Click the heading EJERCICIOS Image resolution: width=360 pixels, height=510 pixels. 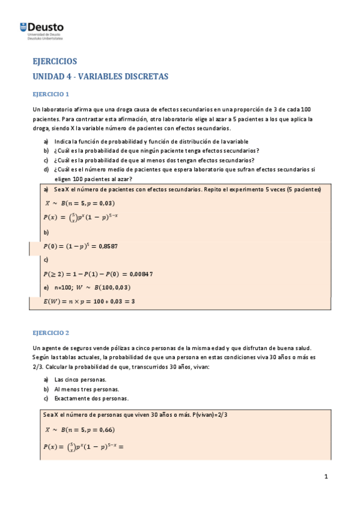tap(55, 61)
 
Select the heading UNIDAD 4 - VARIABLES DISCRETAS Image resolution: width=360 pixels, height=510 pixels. tap(100, 76)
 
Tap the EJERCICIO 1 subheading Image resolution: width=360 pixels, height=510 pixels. tap(51, 94)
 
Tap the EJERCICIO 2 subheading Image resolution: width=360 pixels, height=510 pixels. tap(51, 332)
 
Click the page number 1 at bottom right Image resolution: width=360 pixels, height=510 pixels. tap(326, 477)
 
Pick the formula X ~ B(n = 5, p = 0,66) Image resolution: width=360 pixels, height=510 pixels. tap(79, 429)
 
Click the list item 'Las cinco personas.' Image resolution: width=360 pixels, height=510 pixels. tap(81, 380)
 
